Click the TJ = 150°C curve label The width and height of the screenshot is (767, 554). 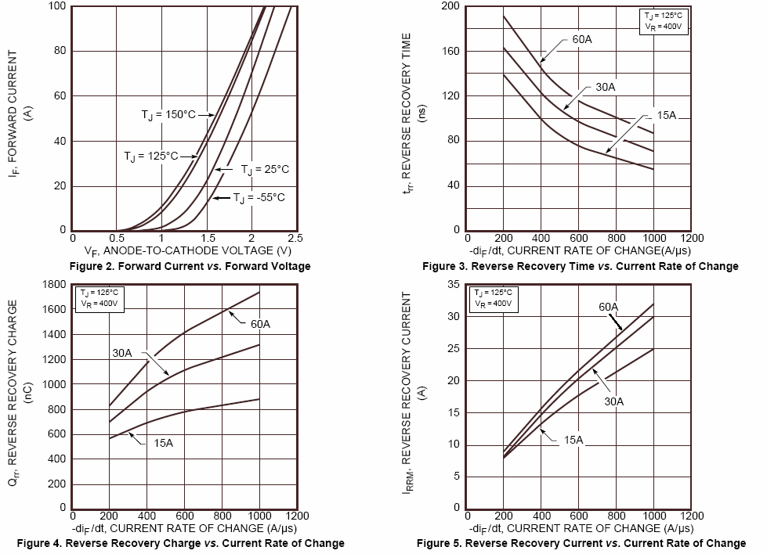pyautogui.click(x=168, y=115)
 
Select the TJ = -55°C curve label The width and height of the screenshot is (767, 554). pyautogui.click(x=259, y=197)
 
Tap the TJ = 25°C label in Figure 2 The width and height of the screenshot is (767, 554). pyautogui.click(x=265, y=169)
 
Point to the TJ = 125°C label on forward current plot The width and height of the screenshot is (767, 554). pyautogui.click(x=151, y=156)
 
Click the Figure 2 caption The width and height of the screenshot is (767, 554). pyautogui.click(x=190, y=266)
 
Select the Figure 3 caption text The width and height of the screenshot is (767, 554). pyautogui.click(x=580, y=266)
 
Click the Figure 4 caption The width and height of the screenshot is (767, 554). pyautogui.click(x=180, y=543)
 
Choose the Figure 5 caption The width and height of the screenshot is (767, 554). pyautogui.click(x=581, y=543)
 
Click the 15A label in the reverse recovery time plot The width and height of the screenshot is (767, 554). pyautogui.click(x=667, y=115)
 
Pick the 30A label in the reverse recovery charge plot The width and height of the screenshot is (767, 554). pyautogui.click(x=122, y=353)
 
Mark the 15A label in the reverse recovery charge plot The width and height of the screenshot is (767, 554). pyautogui.click(x=163, y=443)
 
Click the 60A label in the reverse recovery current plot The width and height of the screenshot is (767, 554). pyautogui.click(x=609, y=307)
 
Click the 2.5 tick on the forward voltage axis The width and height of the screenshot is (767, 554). pyautogui.click(x=295, y=238)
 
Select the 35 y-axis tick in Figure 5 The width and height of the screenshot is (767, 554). pyautogui.click(x=454, y=285)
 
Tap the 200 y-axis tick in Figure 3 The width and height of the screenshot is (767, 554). pyautogui.click(x=450, y=6)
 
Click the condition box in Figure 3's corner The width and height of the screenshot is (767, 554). pyautogui.click(x=663, y=20)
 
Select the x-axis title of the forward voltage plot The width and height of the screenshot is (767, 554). pyautogui.click(x=190, y=251)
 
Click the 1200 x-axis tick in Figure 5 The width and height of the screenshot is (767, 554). pyautogui.click(x=692, y=516)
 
